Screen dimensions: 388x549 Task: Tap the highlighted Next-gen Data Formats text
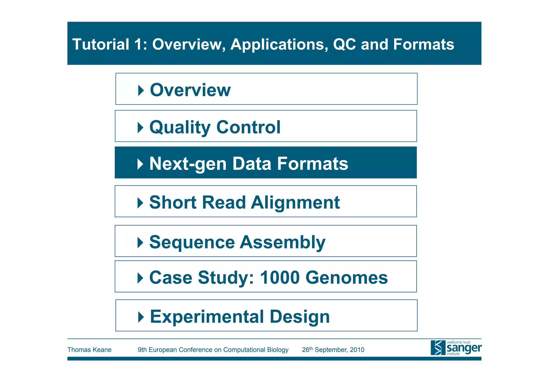coord(248,164)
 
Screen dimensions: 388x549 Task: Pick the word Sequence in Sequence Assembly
coord(192,242)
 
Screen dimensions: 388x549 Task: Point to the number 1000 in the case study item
coord(280,277)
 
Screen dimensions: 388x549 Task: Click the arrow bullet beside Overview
coord(141,90)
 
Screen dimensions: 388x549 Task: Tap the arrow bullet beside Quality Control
coord(140,127)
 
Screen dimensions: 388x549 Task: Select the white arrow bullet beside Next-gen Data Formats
coord(140,164)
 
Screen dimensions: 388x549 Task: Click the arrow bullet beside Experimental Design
coord(141,317)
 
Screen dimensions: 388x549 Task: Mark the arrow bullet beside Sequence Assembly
coord(140,243)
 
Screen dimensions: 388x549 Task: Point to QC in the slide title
coord(344,44)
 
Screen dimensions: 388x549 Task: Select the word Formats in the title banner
coord(424,44)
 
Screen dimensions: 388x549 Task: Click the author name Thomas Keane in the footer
coord(89,350)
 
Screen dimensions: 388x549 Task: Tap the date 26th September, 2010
coord(333,350)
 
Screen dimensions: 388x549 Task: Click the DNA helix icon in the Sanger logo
coord(438,348)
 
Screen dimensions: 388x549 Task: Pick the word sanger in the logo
coord(464,348)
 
